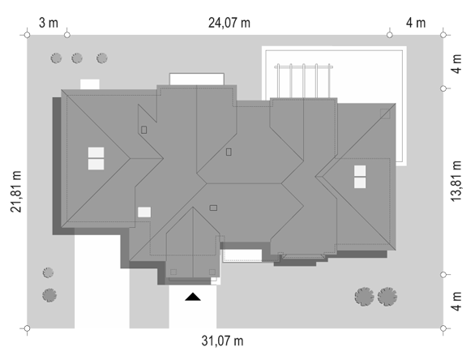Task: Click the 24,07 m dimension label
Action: pyautogui.click(x=229, y=23)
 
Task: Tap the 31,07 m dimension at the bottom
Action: pyautogui.click(x=222, y=341)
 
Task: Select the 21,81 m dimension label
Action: pyautogui.click(x=16, y=191)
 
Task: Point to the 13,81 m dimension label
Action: pyautogui.click(x=456, y=181)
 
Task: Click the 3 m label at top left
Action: pyautogui.click(x=49, y=23)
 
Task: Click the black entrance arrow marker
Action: pyautogui.click(x=193, y=297)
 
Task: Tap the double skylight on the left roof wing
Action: pyautogui.click(x=96, y=158)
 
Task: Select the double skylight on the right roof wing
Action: pyautogui.click(x=360, y=177)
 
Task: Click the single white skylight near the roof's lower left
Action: pyautogui.click(x=144, y=212)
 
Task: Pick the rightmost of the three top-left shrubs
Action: pyautogui.click(x=102, y=58)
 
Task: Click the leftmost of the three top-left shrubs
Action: pyautogui.click(x=56, y=58)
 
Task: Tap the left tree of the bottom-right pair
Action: pyautogui.click(x=364, y=297)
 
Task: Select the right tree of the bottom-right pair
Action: pyautogui.click(x=387, y=297)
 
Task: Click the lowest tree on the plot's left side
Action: pyautogui.click(x=49, y=295)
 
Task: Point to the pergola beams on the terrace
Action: pyautogui.click(x=303, y=80)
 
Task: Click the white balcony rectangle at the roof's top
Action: pyautogui.click(x=197, y=79)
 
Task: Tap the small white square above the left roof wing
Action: pyautogui.click(x=90, y=84)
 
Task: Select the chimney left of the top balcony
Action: pyautogui.click(x=144, y=130)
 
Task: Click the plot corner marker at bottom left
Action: pyautogui.click(x=27, y=328)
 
